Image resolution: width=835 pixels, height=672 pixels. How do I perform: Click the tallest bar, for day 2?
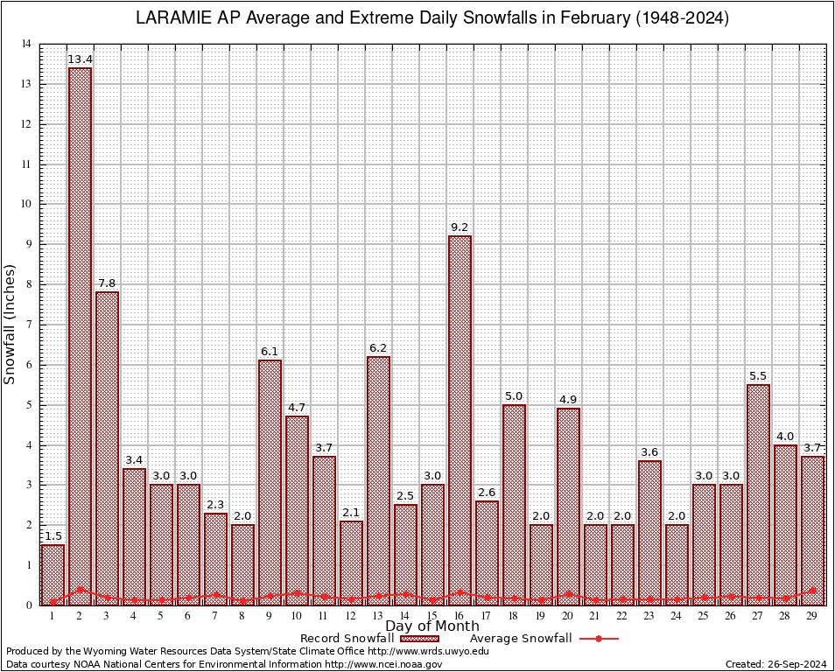(80, 336)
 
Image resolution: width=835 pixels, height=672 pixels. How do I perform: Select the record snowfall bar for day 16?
(460, 420)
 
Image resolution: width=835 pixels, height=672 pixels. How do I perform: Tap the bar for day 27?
(758, 494)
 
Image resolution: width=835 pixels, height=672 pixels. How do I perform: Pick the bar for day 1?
(53, 574)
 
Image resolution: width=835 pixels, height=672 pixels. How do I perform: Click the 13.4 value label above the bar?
(80, 59)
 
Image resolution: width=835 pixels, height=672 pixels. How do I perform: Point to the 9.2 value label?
(460, 227)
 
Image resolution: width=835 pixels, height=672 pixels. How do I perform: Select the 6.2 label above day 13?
(378, 348)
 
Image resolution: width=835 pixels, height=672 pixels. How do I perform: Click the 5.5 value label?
(758, 376)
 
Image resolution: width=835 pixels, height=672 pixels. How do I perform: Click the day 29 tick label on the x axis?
(812, 616)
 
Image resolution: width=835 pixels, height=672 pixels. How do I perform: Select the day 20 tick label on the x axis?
(568, 616)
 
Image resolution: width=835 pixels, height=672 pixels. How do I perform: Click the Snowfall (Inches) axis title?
(11, 324)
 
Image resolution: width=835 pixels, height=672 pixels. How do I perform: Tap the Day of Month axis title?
(432, 626)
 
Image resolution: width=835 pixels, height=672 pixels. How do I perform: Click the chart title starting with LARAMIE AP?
(432, 18)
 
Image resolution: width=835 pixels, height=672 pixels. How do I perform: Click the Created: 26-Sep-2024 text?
(776, 664)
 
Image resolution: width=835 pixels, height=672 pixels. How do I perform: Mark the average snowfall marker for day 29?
(812, 591)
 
